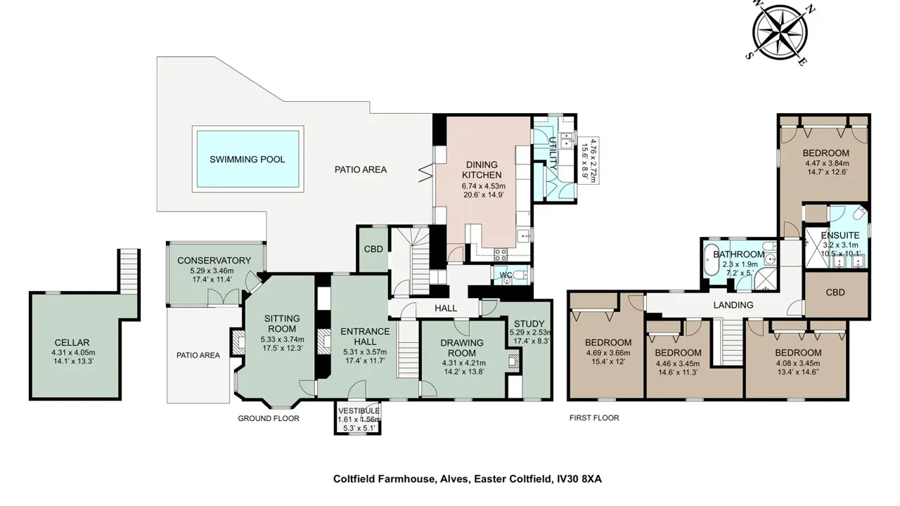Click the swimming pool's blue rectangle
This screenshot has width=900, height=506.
[x=248, y=159]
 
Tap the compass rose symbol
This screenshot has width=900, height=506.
[x=780, y=32]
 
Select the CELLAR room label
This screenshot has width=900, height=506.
[x=72, y=342]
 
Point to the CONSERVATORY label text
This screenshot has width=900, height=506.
[x=214, y=260]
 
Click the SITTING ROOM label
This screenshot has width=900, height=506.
[x=282, y=324]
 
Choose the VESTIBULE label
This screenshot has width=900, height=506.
[x=359, y=411]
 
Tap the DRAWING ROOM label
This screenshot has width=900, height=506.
[x=462, y=348]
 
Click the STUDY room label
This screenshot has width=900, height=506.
[x=529, y=324]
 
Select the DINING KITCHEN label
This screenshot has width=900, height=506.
[x=482, y=170]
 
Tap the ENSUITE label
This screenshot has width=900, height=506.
[x=840, y=235]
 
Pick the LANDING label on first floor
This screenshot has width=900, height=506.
[x=733, y=305]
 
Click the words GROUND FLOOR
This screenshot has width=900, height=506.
[x=269, y=418]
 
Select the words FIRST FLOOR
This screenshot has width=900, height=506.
[x=594, y=418]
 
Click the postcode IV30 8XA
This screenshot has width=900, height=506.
[x=579, y=479]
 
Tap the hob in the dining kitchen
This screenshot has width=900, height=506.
[x=501, y=254]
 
